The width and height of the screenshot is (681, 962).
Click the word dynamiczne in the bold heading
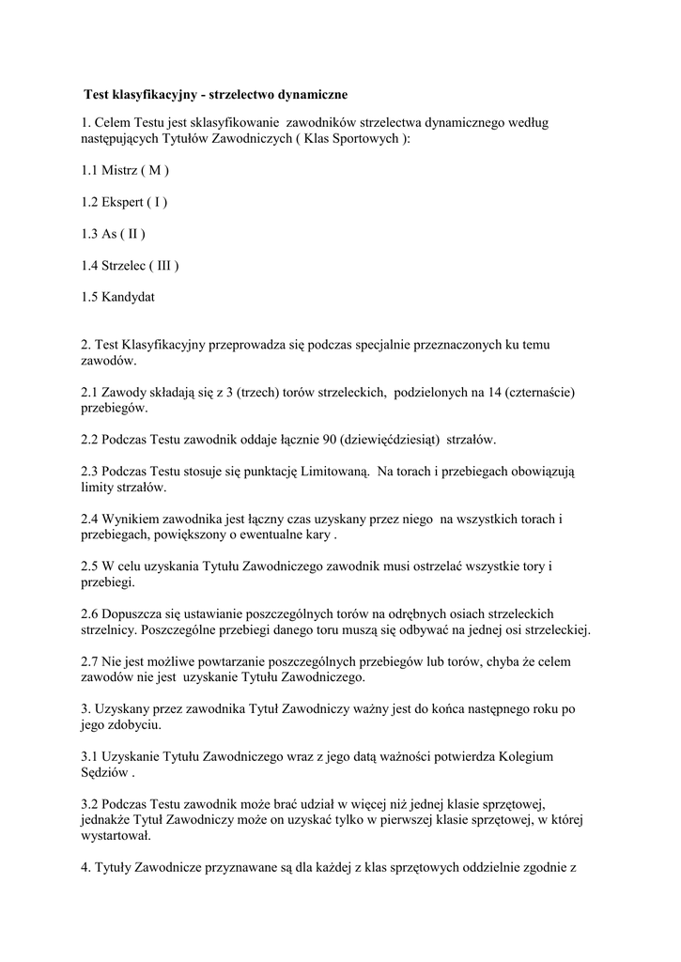click(308, 95)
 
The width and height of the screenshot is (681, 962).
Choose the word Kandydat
click(129, 297)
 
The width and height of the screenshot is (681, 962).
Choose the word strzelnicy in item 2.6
click(109, 629)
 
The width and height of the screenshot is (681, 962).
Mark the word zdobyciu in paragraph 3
click(137, 725)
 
